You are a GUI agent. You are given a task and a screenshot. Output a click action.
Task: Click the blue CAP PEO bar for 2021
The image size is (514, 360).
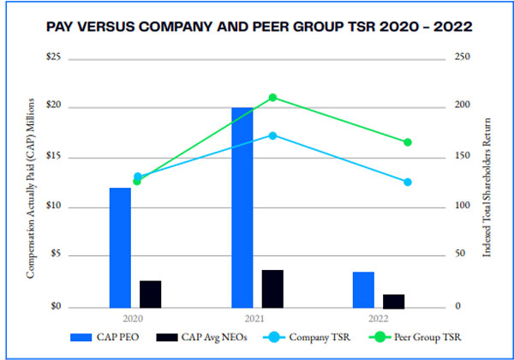coord(242,207)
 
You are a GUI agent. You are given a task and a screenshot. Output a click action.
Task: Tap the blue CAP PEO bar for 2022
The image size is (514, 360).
coord(363,289)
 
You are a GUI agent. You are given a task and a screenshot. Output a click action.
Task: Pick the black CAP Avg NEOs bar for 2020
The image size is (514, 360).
coord(150,293)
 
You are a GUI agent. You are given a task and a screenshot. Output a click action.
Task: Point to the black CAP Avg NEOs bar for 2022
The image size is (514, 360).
coord(393,300)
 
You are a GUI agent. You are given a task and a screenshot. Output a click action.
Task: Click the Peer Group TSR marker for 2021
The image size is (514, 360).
coord(272,98)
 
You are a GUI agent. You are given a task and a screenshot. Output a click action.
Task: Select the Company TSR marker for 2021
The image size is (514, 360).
coord(272,135)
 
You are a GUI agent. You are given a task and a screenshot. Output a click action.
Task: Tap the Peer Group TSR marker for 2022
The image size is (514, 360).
coord(408,142)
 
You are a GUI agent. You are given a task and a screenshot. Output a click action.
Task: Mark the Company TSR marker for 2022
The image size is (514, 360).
coord(408,182)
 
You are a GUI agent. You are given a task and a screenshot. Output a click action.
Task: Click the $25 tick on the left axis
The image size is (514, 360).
coord(54,57)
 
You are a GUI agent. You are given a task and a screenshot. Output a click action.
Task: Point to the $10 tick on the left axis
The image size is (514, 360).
coord(54,207)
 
